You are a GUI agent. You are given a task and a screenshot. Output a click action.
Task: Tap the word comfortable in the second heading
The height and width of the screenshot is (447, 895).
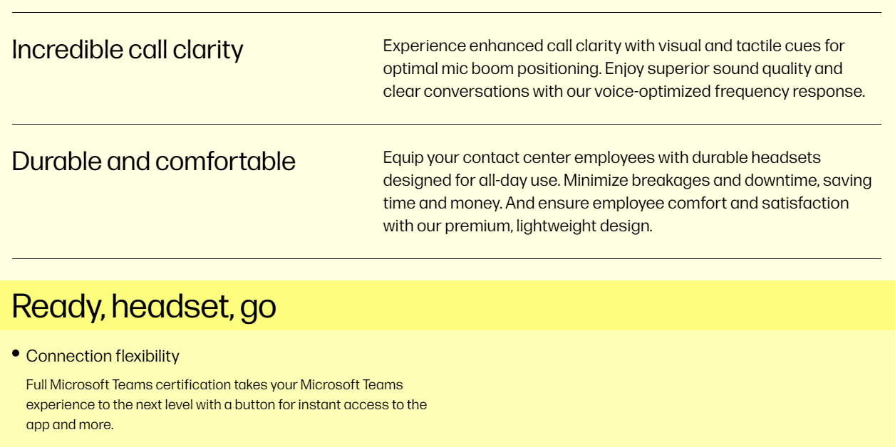pos(225,162)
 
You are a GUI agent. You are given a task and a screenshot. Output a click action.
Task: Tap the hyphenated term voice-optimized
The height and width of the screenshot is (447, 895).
pos(653,92)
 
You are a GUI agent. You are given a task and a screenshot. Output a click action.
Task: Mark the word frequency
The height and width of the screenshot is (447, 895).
pos(752,92)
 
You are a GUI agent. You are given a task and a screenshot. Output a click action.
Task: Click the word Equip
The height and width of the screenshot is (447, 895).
pos(403,158)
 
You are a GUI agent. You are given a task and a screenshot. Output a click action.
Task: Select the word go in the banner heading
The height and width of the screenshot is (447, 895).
pos(258,307)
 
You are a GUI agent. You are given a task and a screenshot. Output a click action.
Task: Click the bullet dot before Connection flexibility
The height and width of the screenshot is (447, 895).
pos(16,353)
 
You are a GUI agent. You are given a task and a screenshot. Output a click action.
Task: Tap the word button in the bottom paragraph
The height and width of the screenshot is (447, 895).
pos(255,405)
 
